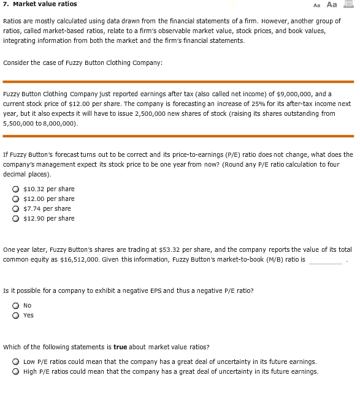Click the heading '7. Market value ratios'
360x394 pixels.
pos(37,5)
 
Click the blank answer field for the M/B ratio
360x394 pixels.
pos(326,260)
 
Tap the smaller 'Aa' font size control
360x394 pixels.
pos(316,5)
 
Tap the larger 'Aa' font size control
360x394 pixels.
pos(332,5)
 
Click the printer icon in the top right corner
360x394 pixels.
pos(349,5)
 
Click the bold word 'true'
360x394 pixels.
pos(121,347)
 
